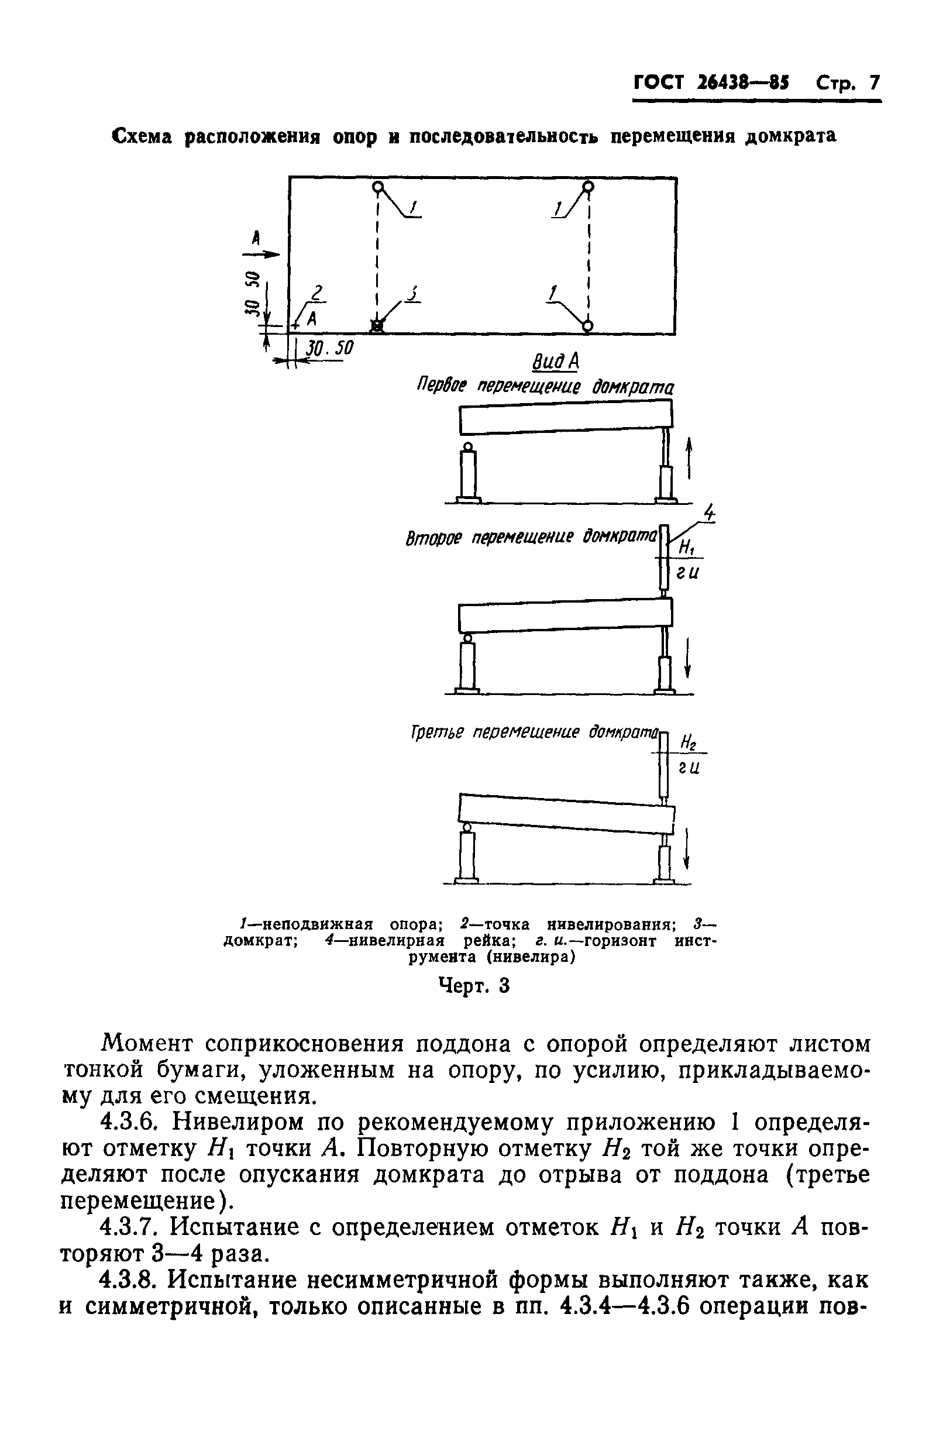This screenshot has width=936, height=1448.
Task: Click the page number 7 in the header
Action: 873,82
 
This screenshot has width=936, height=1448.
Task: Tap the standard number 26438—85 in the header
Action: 743,82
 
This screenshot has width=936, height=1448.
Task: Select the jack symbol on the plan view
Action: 377,326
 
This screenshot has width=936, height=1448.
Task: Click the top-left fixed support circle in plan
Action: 378,187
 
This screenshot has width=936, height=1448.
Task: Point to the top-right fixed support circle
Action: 587,187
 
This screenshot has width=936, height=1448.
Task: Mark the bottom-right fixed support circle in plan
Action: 587,326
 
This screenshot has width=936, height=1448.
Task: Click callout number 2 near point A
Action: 316,294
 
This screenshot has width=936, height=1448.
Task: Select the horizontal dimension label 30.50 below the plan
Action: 329,348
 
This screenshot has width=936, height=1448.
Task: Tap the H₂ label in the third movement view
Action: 688,742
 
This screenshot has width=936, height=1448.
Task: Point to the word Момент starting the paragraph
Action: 149,1044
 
